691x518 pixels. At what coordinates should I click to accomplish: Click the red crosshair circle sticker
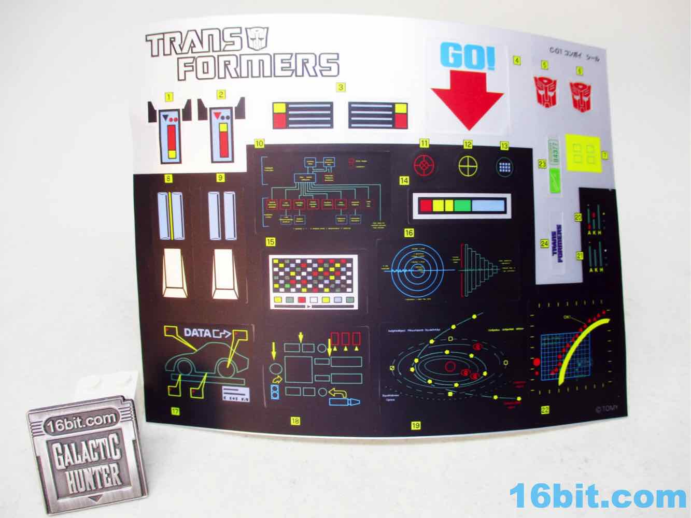(425, 165)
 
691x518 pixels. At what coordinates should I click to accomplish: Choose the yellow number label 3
(341, 88)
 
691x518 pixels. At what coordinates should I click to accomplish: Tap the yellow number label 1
(168, 96)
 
